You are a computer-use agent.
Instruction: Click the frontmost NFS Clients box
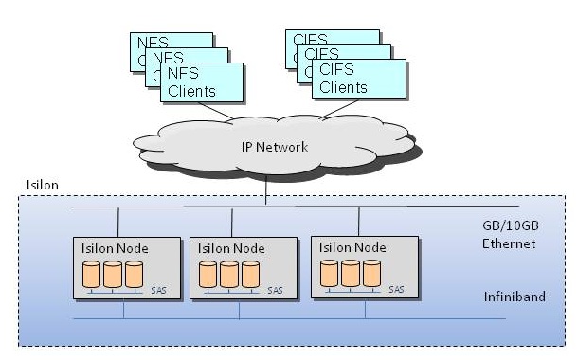(x=201, y=82)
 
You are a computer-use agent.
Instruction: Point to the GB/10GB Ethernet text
(x=508, y=235)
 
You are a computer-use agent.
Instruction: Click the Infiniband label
(x=514, y=297)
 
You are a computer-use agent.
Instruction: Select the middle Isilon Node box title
(x=232, y=247)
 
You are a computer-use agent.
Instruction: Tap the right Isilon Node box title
(x=353, y=247)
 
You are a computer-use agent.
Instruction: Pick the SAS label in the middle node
(x=274, y=290)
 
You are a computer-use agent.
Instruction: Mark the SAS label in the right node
(x=396, y=290)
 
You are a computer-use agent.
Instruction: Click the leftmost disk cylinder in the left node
(x=92, y=274)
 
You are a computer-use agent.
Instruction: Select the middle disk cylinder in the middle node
(x=230, y=274)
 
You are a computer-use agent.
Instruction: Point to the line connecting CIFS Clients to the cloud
(x=332, y=109)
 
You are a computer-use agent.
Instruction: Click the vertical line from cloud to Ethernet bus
(x=266, y=190)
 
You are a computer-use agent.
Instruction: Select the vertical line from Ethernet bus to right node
(x=358, y=221)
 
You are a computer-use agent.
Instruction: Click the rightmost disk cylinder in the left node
(x=134, y=274)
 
